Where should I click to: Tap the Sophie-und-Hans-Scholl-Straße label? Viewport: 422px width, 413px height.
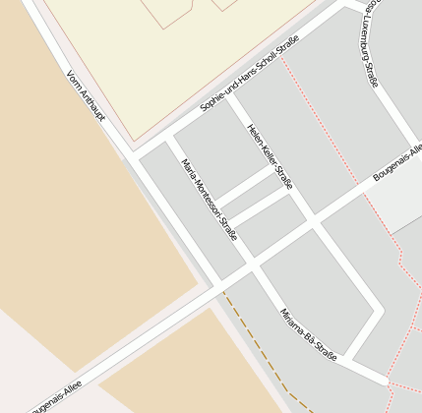pos(249,75)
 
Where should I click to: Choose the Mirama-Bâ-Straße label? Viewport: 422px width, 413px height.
pos(308,335)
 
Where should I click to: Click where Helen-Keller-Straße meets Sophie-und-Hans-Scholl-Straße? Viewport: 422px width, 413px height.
pos(231,93)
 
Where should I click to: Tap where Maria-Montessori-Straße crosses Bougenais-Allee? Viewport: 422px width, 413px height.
pos(251,265)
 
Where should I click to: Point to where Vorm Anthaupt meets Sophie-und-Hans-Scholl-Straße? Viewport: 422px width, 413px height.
pos(131,154)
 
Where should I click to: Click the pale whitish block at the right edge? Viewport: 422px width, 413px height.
pos(398,202)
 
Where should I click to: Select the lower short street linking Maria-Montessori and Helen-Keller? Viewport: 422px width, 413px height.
pos(258,206)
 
